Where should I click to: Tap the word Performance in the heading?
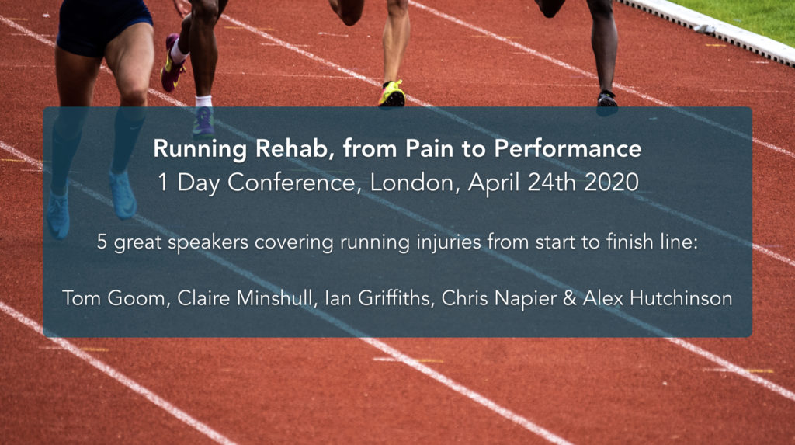click(x=568, y=149)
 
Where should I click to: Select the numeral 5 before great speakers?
click(x=102, y=242)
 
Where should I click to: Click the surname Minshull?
click(x=276, y=298)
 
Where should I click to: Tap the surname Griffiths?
click(x=395, y=298)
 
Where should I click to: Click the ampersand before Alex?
click(x=569, y=298)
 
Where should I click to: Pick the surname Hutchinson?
click(x=680, y=298)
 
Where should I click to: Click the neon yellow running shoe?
click(x=392, y=93)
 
